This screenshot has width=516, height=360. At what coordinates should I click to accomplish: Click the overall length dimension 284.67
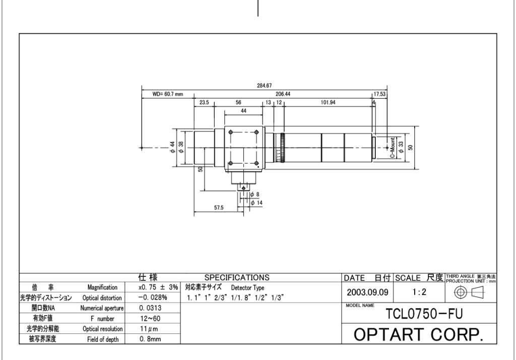pyautogui.click(x=264, y=86)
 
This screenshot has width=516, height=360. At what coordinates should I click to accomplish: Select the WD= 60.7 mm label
pyautogui.click(x=167, y=94)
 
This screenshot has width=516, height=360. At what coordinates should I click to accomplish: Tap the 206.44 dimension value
pyautogui.click(x=283, y=94)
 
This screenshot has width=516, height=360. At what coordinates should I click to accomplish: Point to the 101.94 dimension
pyautogui.click(x=328, y=103)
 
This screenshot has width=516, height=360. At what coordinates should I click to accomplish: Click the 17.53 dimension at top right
pyautogui.click(x=379, y=94)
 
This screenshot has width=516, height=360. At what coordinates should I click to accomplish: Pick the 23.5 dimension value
pyautogui.click(x=204, y=103)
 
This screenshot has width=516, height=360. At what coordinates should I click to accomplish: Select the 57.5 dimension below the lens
pyautogui.click(x=219, y=207)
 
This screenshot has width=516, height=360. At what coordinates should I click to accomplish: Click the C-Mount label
pyautogui.click(x=392, y=148)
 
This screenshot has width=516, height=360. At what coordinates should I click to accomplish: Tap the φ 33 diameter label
pyautogui.click(x=401, y=147)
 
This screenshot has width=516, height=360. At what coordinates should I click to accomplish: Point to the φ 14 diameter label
pyautogui.click(x=256, y=203)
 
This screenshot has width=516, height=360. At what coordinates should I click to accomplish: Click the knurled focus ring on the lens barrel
pyautogui.click(x=282, y=148)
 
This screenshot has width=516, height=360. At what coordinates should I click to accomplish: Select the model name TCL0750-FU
pyautogui.click(x=424, y=314)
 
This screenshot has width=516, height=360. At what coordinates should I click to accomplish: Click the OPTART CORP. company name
pyautogui.click(x=419, y=334)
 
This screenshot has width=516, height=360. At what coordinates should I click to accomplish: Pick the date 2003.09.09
pyautogui.click(x=367, y=292)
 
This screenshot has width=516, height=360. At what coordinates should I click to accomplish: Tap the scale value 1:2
pyautogui.click(x=419, y=292)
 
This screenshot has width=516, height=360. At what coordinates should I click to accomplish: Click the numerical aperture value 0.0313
pyautogui.click(x=150, y=308)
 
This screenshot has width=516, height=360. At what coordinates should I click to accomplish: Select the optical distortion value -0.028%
pyautogui.click(x=153, y=298)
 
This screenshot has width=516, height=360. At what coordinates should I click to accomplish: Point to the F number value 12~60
pyautogui.click(x=150, y=319)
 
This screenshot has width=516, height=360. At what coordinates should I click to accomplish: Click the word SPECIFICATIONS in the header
pyautogui.click(x=237, y=277)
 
